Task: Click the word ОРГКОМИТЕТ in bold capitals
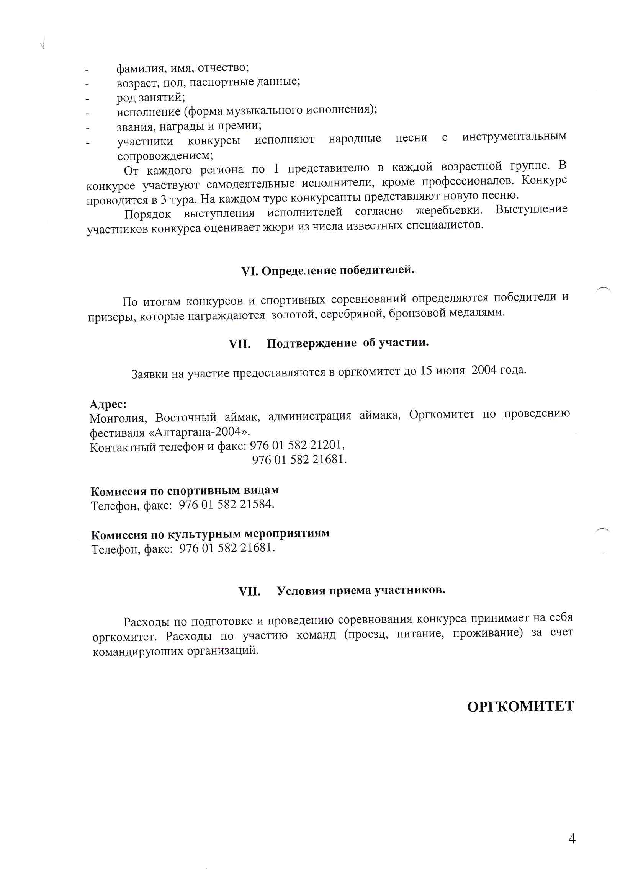(520, 706)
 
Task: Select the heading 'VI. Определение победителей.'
(328, 271)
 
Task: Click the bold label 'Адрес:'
(108, 404)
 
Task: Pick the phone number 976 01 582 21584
(226, 505)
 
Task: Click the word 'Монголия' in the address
(118, 418)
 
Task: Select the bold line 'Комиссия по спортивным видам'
(185, 490)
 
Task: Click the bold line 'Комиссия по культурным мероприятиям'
(210, 534)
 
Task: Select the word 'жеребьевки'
(449, 211)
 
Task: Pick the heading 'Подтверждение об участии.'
(347, 343)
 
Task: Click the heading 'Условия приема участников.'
(361, 591)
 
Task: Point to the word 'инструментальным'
(514, 137)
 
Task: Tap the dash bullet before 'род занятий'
(88, 99)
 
